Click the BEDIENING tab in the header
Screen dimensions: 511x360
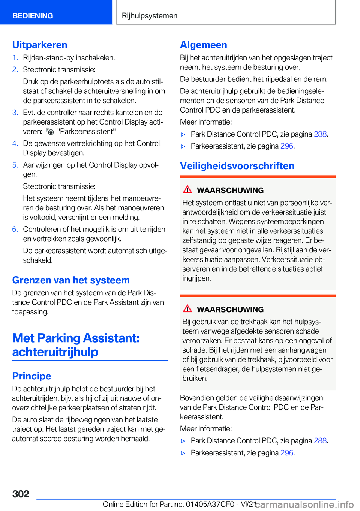click(x=33, y=16)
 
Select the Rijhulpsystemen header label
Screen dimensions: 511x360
click(x=150, y=16)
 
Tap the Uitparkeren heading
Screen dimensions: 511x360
click(x=40, y=45)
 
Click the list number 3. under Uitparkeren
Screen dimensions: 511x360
click(x=15, y=113)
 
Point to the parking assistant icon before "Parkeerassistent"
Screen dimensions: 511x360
click(x=50, y=131)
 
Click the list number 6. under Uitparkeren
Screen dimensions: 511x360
click(x=15, y=229)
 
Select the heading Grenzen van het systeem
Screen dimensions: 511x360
click(x=71, y=280)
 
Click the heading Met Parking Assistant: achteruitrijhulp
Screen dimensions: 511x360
click(x=76, y=345)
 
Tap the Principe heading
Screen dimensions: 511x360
click(x=31, y=376)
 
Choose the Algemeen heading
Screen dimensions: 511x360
click(x=204, y=45)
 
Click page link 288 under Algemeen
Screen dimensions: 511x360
click(x=320, y=134)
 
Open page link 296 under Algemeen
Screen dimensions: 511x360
click(x=287, y=146)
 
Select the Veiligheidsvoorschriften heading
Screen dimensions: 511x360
click(x=237, y=166)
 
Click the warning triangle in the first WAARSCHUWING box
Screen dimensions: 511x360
click(x=187, y=189)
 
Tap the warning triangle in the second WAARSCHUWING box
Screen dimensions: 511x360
click(x=187, y=308)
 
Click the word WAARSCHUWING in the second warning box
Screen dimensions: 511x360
click(x=230, y=310)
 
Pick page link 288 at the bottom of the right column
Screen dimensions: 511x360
click(x=320, y=440)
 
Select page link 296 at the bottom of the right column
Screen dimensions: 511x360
click(x=287, y=453)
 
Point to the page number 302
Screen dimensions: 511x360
click(x=21, y=494)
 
